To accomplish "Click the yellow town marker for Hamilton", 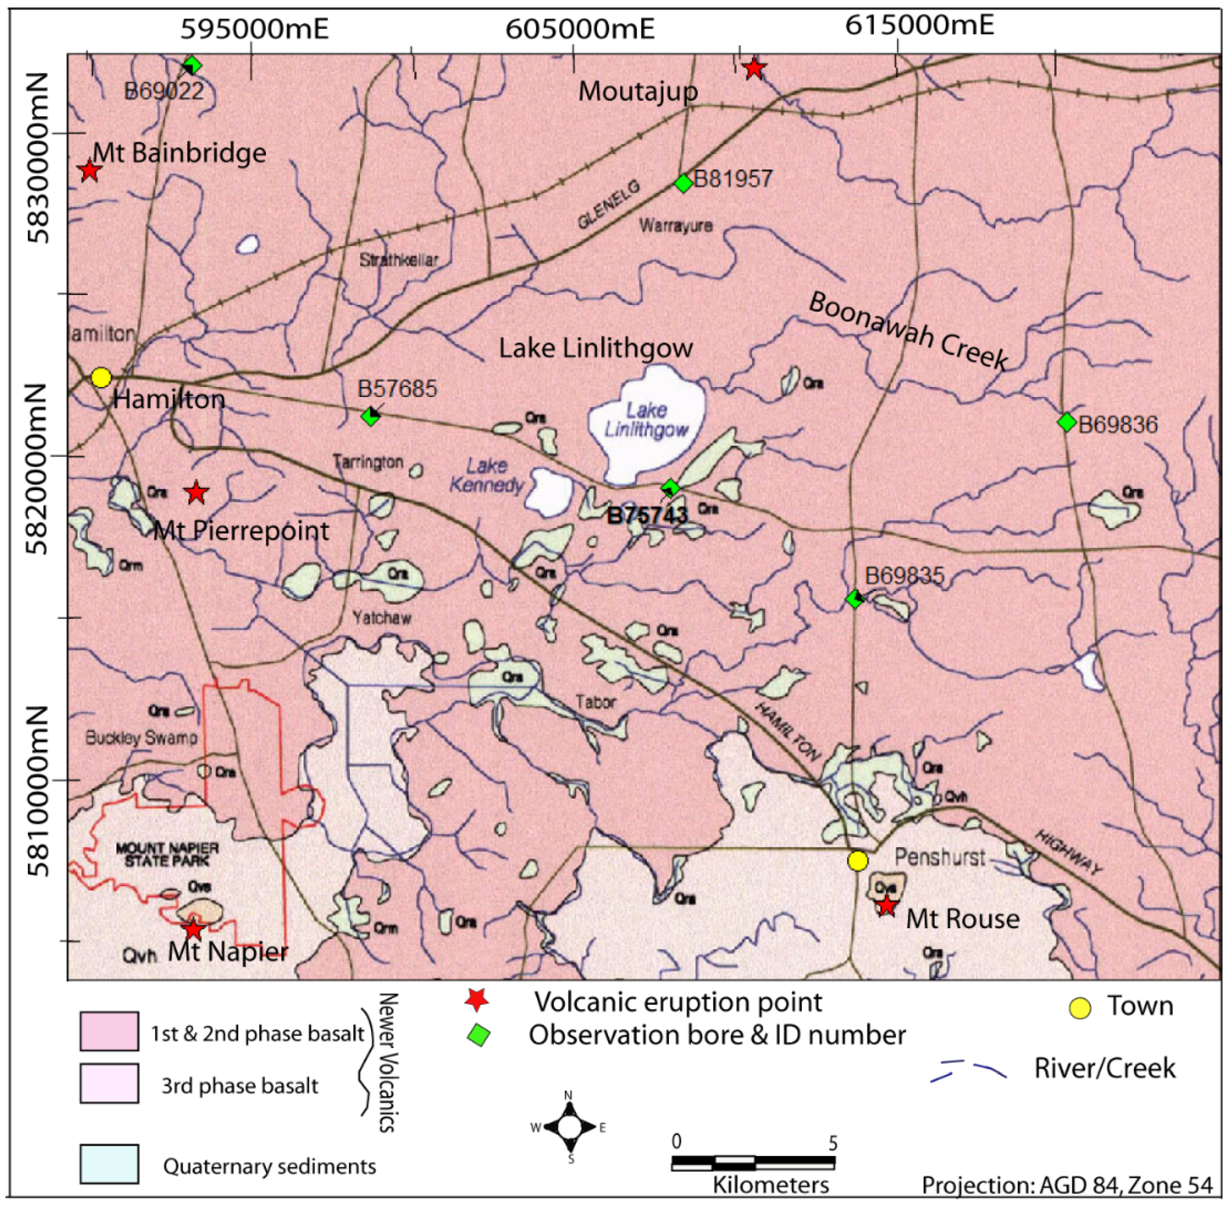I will (x=101, y=378).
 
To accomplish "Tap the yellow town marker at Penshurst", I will (x=857, y=861).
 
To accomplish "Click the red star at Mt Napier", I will (x=193, y=930).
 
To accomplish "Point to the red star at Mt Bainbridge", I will (x=89, y=170).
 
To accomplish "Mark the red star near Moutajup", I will (x=753, y=68).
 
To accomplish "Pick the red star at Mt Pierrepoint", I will (x=196, y=492).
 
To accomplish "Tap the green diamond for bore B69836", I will (x=1067, y=422).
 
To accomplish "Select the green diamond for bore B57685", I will (x=370, y=416).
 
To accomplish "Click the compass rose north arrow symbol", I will (x=569, y=1128).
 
